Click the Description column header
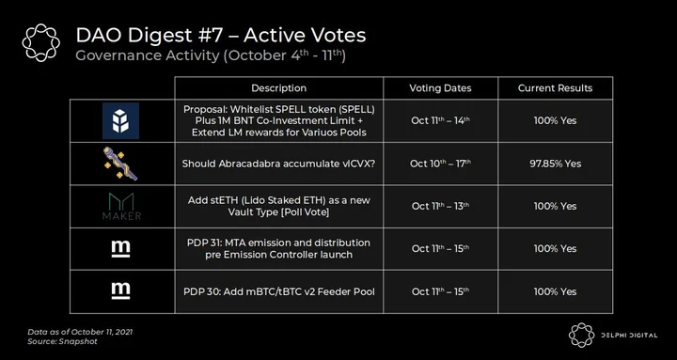(x=279, y=88)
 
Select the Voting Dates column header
(x=440, y=88)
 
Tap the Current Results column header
(x=556, y=88)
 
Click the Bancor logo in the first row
(x=120, y=121)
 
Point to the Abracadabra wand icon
(x=120, y=164)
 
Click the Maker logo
(x=121, y=207)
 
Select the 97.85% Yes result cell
(x=556, y=164)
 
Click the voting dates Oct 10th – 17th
(x=440, y=164)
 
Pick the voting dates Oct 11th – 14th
(x=440, y=121)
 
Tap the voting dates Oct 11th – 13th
(x=440, y=207)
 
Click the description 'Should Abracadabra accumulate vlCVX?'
(x=278, y=164)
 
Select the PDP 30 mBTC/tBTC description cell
(x=279, y=291)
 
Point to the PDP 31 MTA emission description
(x=279, y=249)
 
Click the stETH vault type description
(x=279, y=207)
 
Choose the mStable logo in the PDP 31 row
(x=120, y=249)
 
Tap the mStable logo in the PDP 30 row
(x=120, y=291)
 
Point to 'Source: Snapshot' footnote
(x=62, y=341)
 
